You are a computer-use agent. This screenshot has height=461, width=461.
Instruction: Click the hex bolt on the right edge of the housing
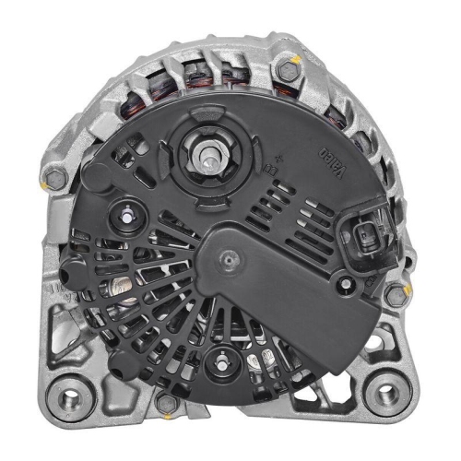coord(396,295)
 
